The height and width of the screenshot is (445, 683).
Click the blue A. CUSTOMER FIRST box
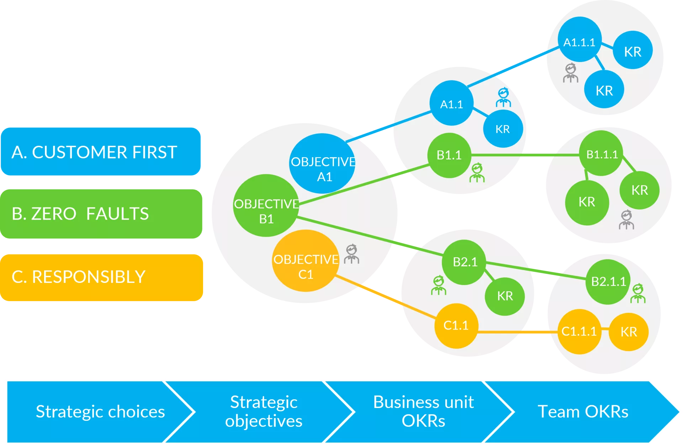coord(101,152)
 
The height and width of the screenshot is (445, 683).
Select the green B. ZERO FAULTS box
coord(101,213)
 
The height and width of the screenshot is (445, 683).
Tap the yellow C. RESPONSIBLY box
coord(101,277)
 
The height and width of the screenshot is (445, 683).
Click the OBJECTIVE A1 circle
coord(322,163)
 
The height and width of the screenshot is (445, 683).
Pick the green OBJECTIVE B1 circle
coord(266,205)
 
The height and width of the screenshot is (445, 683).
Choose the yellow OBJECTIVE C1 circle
coord(305,261)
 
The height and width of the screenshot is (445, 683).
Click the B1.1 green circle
coord(449,155)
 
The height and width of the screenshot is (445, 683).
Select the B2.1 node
coord(464,262)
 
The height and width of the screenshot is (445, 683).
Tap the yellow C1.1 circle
coord(456,326)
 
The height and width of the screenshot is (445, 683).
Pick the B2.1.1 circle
coord(608,282)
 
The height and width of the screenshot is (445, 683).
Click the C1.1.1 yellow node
coord(579,332)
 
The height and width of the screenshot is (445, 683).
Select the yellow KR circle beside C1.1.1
coord(629,332)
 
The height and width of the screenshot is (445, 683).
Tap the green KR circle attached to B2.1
coord(505,296)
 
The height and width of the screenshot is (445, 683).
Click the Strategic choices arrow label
coord(100,412)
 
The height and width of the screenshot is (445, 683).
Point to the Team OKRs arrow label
coord(583,412)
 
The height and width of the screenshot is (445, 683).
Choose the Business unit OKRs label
coord(423,412)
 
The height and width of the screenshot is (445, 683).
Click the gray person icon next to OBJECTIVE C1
coord(352,254)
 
